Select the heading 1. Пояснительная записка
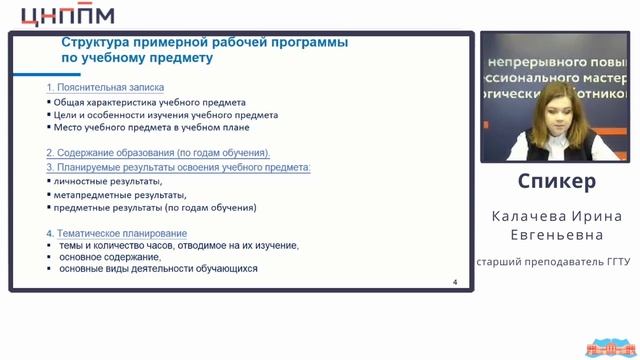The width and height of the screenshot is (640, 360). point(104,87)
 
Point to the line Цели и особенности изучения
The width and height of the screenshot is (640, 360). point(165,115)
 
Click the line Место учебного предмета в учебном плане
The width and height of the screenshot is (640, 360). point(165,128)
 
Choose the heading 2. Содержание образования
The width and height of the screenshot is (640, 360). point(158,153)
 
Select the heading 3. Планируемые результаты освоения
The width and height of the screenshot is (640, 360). point(178,167)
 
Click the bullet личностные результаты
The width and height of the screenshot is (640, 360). point(107,181)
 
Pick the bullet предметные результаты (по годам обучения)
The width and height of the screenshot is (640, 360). point(155,208)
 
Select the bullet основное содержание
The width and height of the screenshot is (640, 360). point(110,257)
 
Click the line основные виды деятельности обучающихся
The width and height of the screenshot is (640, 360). point(158,269)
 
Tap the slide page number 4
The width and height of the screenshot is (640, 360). point(455,282)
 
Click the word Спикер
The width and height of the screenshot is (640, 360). point(557,182)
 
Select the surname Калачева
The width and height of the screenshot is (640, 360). point(528,217)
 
